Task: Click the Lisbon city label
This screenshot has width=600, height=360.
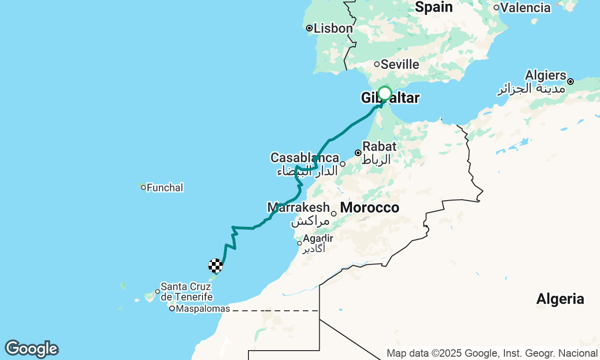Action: (333, 29)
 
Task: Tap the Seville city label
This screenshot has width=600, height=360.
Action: (400, 64)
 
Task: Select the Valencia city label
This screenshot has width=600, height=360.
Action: (525, 7)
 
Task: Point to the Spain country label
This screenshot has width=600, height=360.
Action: (434, 7)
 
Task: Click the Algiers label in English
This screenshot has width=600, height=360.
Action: (546, 75)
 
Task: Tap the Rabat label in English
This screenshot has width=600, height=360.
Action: (379, 146)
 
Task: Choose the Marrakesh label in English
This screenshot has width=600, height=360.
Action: (299, 207)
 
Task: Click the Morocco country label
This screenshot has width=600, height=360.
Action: (369, 207)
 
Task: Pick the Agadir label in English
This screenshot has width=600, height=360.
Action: (318, 238)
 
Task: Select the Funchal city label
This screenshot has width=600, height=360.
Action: (165, 188)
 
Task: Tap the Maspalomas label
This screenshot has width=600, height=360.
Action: (203, 309)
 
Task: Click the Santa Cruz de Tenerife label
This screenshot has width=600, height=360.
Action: (187, 292)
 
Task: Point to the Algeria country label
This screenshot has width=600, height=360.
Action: (560, 299)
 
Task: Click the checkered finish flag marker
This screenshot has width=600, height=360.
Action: (216, 266)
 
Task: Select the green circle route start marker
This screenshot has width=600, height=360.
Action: (385, 93)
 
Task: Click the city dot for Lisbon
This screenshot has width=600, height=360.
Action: (309, 29)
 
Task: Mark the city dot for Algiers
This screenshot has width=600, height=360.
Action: (570, 82)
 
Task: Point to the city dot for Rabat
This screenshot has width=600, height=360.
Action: (358, 153)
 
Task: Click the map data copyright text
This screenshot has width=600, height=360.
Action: (492, 353)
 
